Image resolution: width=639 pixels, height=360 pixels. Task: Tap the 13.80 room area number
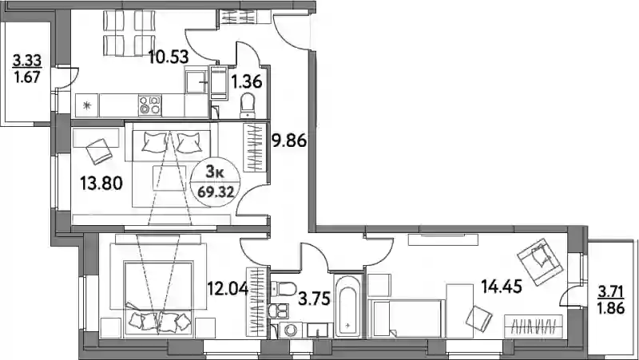coord(101,184)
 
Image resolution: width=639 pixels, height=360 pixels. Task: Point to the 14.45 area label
coord(502,287)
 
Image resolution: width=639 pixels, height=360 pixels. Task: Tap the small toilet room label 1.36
coord(246,82)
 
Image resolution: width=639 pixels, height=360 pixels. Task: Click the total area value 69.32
coord(216,192)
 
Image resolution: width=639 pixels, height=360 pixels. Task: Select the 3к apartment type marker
coord(215,172)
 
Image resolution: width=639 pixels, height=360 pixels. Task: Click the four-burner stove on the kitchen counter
coord(149,105)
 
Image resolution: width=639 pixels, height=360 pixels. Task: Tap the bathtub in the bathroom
coord(347,306)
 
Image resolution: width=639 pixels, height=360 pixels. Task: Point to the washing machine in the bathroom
coord(291,330)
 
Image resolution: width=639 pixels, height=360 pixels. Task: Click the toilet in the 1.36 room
coord(247,105)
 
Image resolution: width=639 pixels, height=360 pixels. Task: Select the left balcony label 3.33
coord(27,61)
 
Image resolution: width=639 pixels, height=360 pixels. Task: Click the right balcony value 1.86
coord(610,308)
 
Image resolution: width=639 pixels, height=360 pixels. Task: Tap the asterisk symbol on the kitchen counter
coord(86,105)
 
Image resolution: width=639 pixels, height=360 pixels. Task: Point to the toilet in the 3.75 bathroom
coord(284,289)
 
